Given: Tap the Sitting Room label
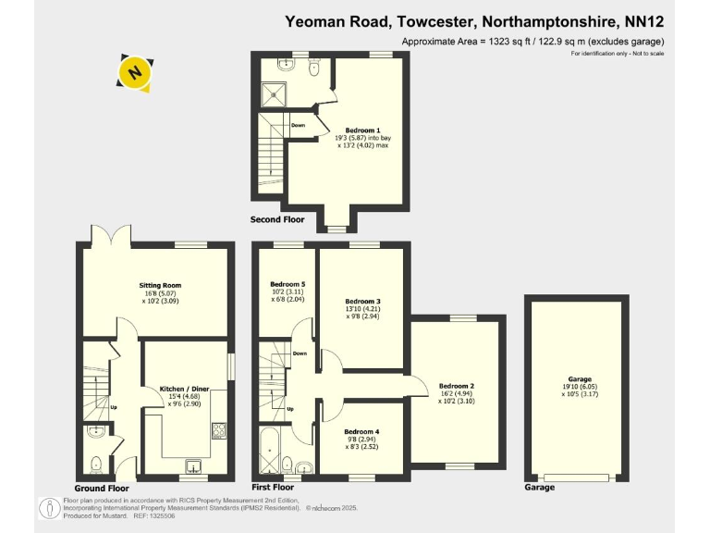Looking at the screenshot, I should click(x=160, y=286).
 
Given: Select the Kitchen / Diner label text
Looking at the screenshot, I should click(x=186, y=389).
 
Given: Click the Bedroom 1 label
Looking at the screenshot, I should click(x=362, y=130).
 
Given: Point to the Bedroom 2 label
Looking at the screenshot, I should click(x=457, y=386).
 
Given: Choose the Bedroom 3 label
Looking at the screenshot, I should click(x=362, y=302).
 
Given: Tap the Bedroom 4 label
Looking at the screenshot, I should click(x=361, y=432).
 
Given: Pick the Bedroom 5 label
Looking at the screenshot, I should click(x=287, y=284).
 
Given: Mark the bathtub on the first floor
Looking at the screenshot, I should click(x=267, y=454).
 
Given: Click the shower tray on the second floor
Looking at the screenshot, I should click(x=273, y=92).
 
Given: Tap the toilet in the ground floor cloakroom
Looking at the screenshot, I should click(x=96, y=464).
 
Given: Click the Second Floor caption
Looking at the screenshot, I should click(x=278, y=219).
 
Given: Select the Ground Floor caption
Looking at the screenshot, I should click(x=102, y=488).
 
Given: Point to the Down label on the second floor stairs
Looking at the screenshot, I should click(x=298, y=125).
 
